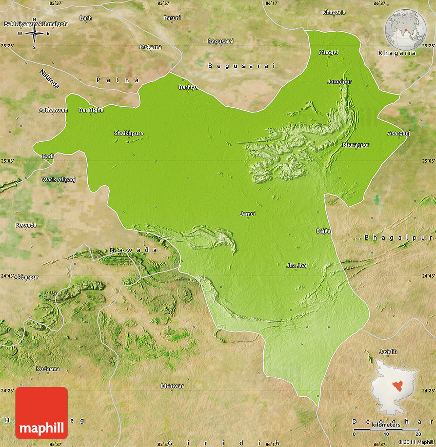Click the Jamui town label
click(247, 213)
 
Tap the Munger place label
click(329, 52)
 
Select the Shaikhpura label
click(128, 133)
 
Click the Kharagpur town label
click(355, 145)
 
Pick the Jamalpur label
click(340, 82)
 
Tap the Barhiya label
click(188, 87)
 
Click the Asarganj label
click(399, 133)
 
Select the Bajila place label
click(324, 231)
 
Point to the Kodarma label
click(48, 368)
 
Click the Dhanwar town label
click(172, 385)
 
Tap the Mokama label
click(151, 47)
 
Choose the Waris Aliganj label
click(58, 179)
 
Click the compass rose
click(34, 33)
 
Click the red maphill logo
click(42, 413)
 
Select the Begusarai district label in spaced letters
click(242, 66)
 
